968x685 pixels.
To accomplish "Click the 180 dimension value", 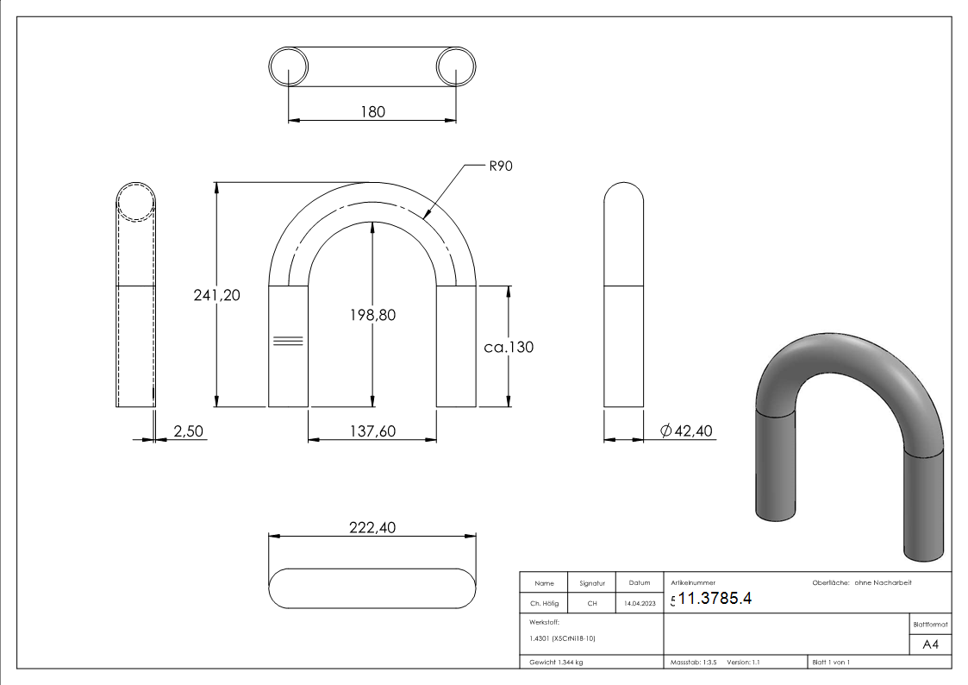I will (372, 111).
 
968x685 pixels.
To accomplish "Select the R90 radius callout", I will (501, 167).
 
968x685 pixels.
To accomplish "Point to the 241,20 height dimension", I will (215, 295).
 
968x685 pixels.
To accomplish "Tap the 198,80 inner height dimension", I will (373, 316).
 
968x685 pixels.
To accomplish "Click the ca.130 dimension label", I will (509, 348).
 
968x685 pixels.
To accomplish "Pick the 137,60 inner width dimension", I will (372, 431).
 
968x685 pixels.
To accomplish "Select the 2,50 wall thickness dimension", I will (188, 431).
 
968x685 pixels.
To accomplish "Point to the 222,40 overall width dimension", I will (372, 528).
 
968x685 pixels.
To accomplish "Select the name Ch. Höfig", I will (544, 604).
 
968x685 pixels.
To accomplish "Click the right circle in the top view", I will (456, 66).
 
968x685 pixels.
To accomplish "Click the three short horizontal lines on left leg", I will (288, 341).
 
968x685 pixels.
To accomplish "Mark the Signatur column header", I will (592, 583).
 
